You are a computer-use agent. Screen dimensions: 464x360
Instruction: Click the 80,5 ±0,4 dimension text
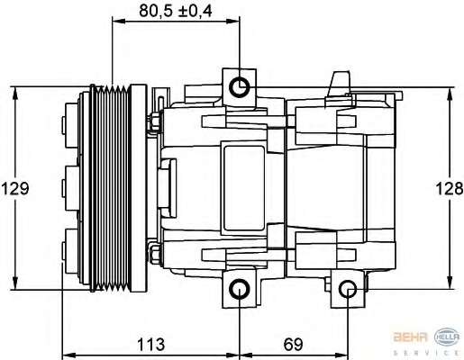pos(176,11)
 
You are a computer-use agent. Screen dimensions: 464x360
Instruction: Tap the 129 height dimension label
pos(15,189)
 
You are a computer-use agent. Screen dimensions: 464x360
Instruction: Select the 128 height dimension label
pos(450,189)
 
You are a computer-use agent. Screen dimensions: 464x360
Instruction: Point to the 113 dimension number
pos(151,344)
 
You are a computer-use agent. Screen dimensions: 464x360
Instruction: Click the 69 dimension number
pos(293,344)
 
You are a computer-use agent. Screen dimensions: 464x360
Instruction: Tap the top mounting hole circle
pos(240,87)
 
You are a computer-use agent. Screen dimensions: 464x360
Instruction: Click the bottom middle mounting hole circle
pos(240,290)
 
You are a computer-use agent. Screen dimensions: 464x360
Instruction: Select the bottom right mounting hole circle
pos(348,289)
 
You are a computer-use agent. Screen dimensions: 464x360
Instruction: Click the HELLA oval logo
pos(447,337)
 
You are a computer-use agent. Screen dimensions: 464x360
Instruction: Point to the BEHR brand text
pos(411,337)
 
